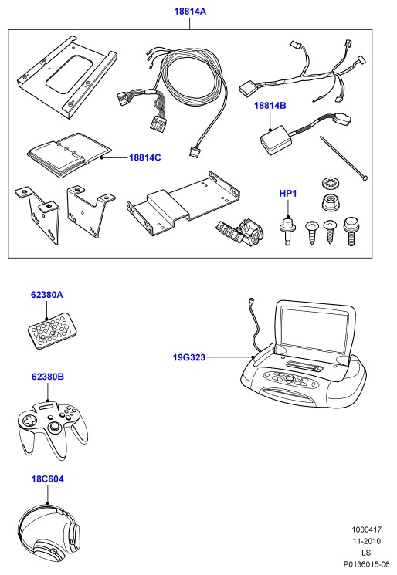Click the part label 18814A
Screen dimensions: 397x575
click(x=190, y=12)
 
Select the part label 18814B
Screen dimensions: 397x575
click(x=270, y=106)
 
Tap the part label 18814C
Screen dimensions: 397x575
click(x=145, y=157)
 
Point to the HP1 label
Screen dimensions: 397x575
click(x=288, y=193)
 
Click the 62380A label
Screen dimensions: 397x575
click(x=46, y=295)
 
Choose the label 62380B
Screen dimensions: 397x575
click(x=48, y=377)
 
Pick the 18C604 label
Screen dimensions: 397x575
click(x=47, y=479)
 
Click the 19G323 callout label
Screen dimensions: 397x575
click(x=189, y=357)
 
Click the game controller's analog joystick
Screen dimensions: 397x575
click(x=55, y=428)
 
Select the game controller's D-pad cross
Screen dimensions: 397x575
click(x=29, y=420)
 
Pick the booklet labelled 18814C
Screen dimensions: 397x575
click(x=69, y=155)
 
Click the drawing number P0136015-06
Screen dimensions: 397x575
click(x=366, y=564)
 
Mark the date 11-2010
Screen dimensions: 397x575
click(x=367, y=541)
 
